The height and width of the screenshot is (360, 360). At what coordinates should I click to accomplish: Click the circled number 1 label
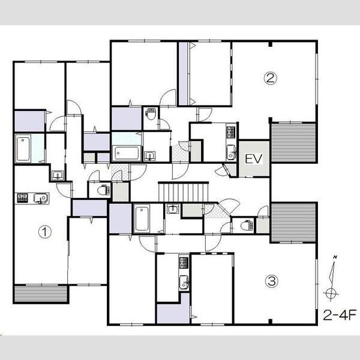(x=45, y=232)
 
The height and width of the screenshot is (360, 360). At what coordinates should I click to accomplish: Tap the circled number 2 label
(x=270, y=78)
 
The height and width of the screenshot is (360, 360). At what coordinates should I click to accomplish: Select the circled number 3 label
(x=272, y=281)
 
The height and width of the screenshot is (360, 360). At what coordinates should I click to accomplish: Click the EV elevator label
(x=253, y=158)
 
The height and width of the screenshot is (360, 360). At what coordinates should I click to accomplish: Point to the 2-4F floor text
(x=340, y=315)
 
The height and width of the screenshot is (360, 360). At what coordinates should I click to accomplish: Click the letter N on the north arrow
(x=335, y=257)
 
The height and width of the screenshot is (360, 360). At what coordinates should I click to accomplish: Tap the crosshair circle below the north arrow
(x=331, y=293)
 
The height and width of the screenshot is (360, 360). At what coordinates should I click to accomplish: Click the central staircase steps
(x=184, y=192)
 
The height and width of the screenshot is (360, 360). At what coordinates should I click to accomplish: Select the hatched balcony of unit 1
(x=41, y=294)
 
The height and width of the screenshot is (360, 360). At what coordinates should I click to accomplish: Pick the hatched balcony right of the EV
(x=293, y=143)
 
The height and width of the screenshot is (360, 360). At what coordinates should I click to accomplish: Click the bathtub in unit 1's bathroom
(x=23, y=149)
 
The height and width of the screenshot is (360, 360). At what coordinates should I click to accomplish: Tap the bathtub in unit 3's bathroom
(x=142, y=218)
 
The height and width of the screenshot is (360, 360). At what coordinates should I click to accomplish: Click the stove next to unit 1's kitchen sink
(x=22, y=197)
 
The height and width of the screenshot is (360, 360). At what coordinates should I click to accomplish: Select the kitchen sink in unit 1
(x=41, y=198)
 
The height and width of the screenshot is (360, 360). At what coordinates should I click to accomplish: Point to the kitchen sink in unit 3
(x=184, y=282)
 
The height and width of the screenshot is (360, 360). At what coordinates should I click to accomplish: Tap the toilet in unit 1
(x=104, y=190)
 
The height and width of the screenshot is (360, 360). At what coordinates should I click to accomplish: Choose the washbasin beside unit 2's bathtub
(x=149, y=155)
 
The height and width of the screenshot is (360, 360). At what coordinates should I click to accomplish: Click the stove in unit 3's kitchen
(x=184, y=263)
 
